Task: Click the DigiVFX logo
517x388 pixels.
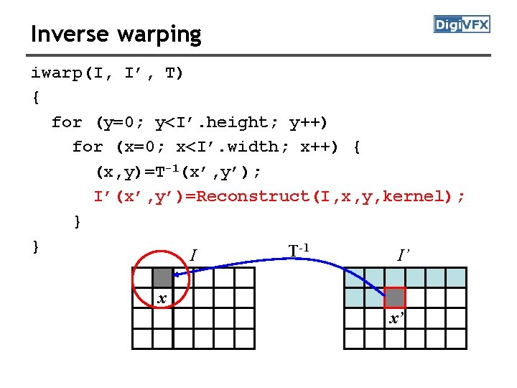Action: (x=462, y=24)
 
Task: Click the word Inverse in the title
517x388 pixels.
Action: (x=69, y=34)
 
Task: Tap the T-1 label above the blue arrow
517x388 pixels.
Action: (x=299, y=251)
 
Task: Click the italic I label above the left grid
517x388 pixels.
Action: (x=192, y=254)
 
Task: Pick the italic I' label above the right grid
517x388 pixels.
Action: (x=404, y=254)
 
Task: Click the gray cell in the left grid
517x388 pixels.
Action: (x=163, y=277)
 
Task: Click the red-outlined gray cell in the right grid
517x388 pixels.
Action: (x=395, y=297)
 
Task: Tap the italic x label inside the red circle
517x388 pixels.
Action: (x=162, y=298)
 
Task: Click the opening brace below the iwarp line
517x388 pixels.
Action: (x=35, y=98)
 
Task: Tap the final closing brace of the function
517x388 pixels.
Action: (x=35, y=246)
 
